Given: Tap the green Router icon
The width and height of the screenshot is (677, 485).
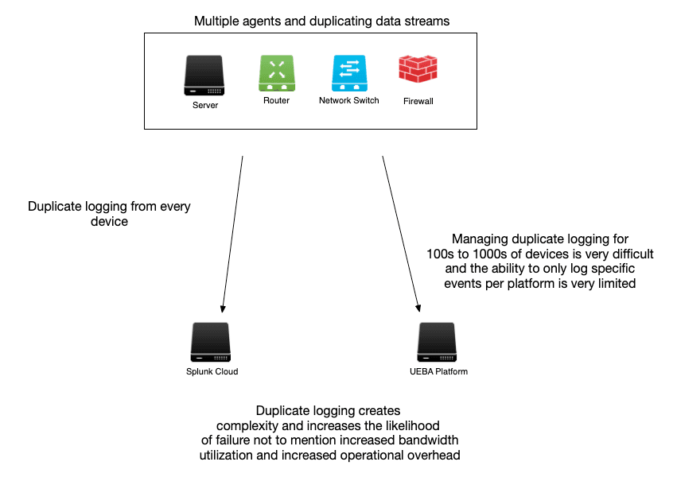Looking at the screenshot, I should [x=276, y=73].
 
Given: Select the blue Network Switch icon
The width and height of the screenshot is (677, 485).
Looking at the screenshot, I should [x=348, y=73].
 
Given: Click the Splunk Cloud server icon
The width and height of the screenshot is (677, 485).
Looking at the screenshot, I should [x=211, y=343].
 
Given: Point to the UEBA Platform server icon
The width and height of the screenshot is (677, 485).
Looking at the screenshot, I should [x=436, y=343].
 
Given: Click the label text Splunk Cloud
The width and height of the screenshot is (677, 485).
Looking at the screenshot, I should [x=212, y=371].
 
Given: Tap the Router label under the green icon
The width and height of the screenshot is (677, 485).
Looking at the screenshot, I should [x=276, y=101].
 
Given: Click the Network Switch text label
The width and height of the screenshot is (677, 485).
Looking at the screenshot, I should [x=348, y=101].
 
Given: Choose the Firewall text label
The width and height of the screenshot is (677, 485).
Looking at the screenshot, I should [x=418, y=102].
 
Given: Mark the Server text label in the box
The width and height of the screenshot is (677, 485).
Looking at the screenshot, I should [x=204, y=106].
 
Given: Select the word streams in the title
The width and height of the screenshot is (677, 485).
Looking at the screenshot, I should [x=427, y=21].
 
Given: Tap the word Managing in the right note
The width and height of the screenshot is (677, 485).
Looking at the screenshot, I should [x=478, y=239].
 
